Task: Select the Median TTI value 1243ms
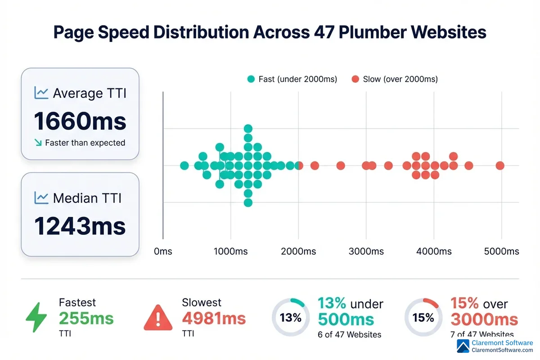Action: pyautogui.click(x=80, y=226)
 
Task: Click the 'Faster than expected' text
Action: pyautogui.click(x=85, y=143)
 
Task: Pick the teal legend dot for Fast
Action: pyautogui.click(x=251, y=79)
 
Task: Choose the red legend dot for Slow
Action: pyautogui.click(x=355, y=79)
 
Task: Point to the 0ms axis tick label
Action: pyautogui.click(x=163, y=252)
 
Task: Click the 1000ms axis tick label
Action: pyautogui.click(x=230, y=252)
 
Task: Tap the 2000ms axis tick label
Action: pyautogui.click(x=298, y=252)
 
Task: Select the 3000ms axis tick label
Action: pyautogui.click(x=366, y=252)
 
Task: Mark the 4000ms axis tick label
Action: pyautogui.click(x=434, y=252)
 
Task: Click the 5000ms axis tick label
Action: pyautogui.click(x=501, y=252)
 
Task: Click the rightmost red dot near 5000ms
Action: pyautogui.click(x=500, y=166)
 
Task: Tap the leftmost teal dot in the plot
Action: pyautogui.click(x=184, y=166)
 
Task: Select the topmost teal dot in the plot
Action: pyautogui.click(x=248, y=129)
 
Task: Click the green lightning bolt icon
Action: pyautogui.click(x=36, y=317)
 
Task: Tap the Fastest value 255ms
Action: pyautogui.click(x=86, y=319)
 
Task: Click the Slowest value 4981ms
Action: pyautogui.click(x=214, y=319)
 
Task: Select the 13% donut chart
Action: pyautogui.click(x=290, y=318)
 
